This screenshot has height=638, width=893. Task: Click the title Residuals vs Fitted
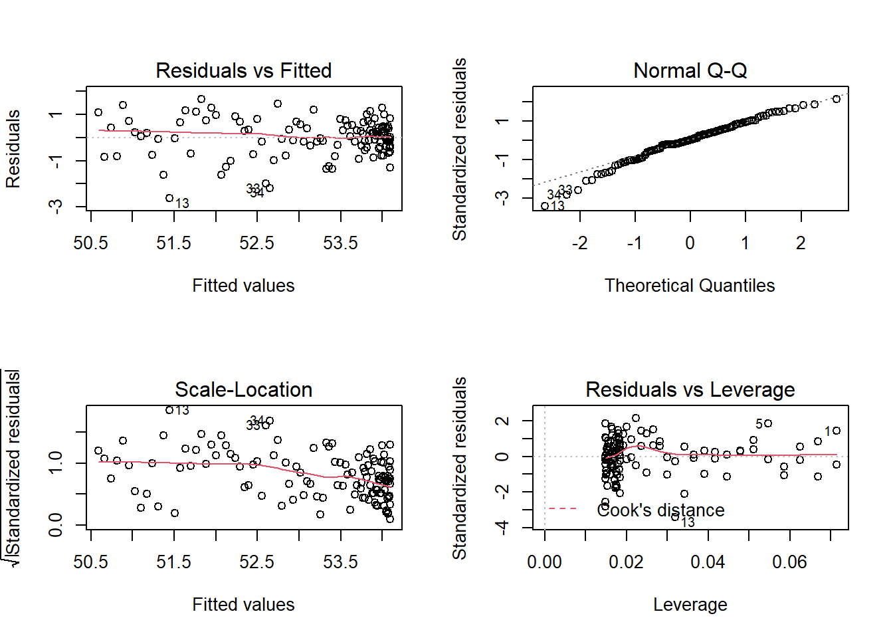(x=243, y=70)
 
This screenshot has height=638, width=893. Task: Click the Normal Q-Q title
(x=690, y=70)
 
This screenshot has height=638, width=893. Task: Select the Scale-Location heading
(x=243, y=389)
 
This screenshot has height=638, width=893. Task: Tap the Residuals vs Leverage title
(x=690, y=389)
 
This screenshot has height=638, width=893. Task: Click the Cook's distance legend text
(x=660, y=510)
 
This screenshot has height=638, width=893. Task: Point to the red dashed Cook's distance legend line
(x=562, y=509)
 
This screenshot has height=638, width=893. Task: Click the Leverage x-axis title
(x=690, y=605)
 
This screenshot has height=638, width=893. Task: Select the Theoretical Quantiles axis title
(x=690, y=286)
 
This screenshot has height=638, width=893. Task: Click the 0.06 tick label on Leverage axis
(x=789, y=562)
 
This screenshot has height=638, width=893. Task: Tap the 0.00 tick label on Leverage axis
(x=544, y=562)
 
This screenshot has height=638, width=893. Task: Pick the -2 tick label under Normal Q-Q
(x=579, y=243)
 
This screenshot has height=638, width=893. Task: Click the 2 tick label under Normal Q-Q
(x=801, y=243)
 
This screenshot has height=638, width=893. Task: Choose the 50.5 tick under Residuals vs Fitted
(x=90, y=243)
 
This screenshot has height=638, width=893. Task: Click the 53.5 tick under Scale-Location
(x=340, y=562)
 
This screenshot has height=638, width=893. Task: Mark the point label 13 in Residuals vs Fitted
(x=182, y=203)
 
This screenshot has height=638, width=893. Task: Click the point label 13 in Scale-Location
(x=182, y=411)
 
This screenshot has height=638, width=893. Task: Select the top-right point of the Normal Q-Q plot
(x=837, y=99)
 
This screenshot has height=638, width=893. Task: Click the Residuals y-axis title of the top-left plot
(x=13, y=149)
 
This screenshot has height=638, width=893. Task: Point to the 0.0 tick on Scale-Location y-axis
(x=56, y=524)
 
